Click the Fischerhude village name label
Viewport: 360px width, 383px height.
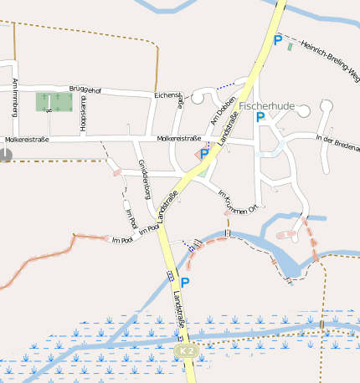[266, 107]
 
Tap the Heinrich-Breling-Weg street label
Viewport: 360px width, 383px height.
[330, 59]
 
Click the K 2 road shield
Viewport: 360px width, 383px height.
[186, 352]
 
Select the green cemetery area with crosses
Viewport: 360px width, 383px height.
[53, 102]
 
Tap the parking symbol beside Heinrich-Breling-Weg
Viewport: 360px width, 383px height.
[277, 39]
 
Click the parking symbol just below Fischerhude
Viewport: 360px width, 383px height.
[260, 118]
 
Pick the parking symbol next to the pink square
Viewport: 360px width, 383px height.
[204, 154]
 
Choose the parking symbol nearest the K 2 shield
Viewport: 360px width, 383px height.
[185, 283]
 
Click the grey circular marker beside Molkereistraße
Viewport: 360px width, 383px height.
[6, 154]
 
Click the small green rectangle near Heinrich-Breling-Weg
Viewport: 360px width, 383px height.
[291, 45]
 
